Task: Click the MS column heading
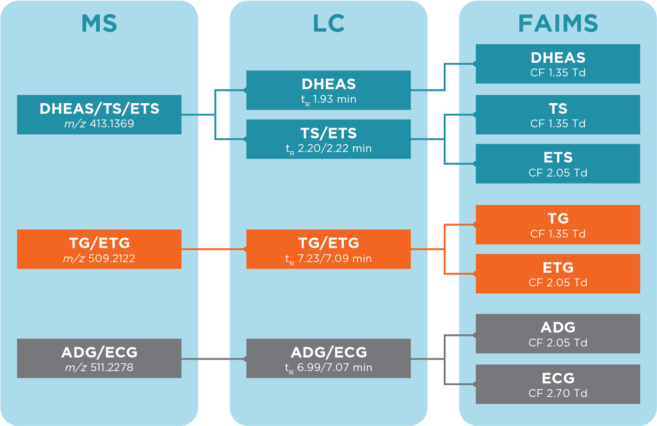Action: [x=99, y=24]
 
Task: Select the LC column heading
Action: [x=328, y=24]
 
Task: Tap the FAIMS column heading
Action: [x=558, y=24]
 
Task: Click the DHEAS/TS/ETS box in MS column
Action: [x=99, y=114]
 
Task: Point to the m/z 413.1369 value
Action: [x=99, y=124]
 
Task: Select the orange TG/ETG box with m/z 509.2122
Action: [x=99, y=249]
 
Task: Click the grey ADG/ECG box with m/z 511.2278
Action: [x=99, y=358]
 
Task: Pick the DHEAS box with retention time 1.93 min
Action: [x=328, y=90]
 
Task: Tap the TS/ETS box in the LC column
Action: [x=328, y=139]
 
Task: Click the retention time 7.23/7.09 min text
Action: [x=328, y=259]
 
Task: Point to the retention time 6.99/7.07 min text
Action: [x=328, y=368]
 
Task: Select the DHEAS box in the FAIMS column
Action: [x=558, y=64]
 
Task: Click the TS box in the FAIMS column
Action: [x=558, y=114]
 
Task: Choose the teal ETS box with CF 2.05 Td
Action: [x=558, y=163]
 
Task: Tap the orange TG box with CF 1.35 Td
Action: [x=558, y=224]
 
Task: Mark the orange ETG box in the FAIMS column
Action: [x=558, y=273]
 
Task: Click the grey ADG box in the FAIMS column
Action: [x=558, y=333]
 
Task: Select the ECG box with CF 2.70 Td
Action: [x=558, y=384]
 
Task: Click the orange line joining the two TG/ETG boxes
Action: [x=214, y=249]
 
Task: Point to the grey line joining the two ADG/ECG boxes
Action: [x=214, y=359]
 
